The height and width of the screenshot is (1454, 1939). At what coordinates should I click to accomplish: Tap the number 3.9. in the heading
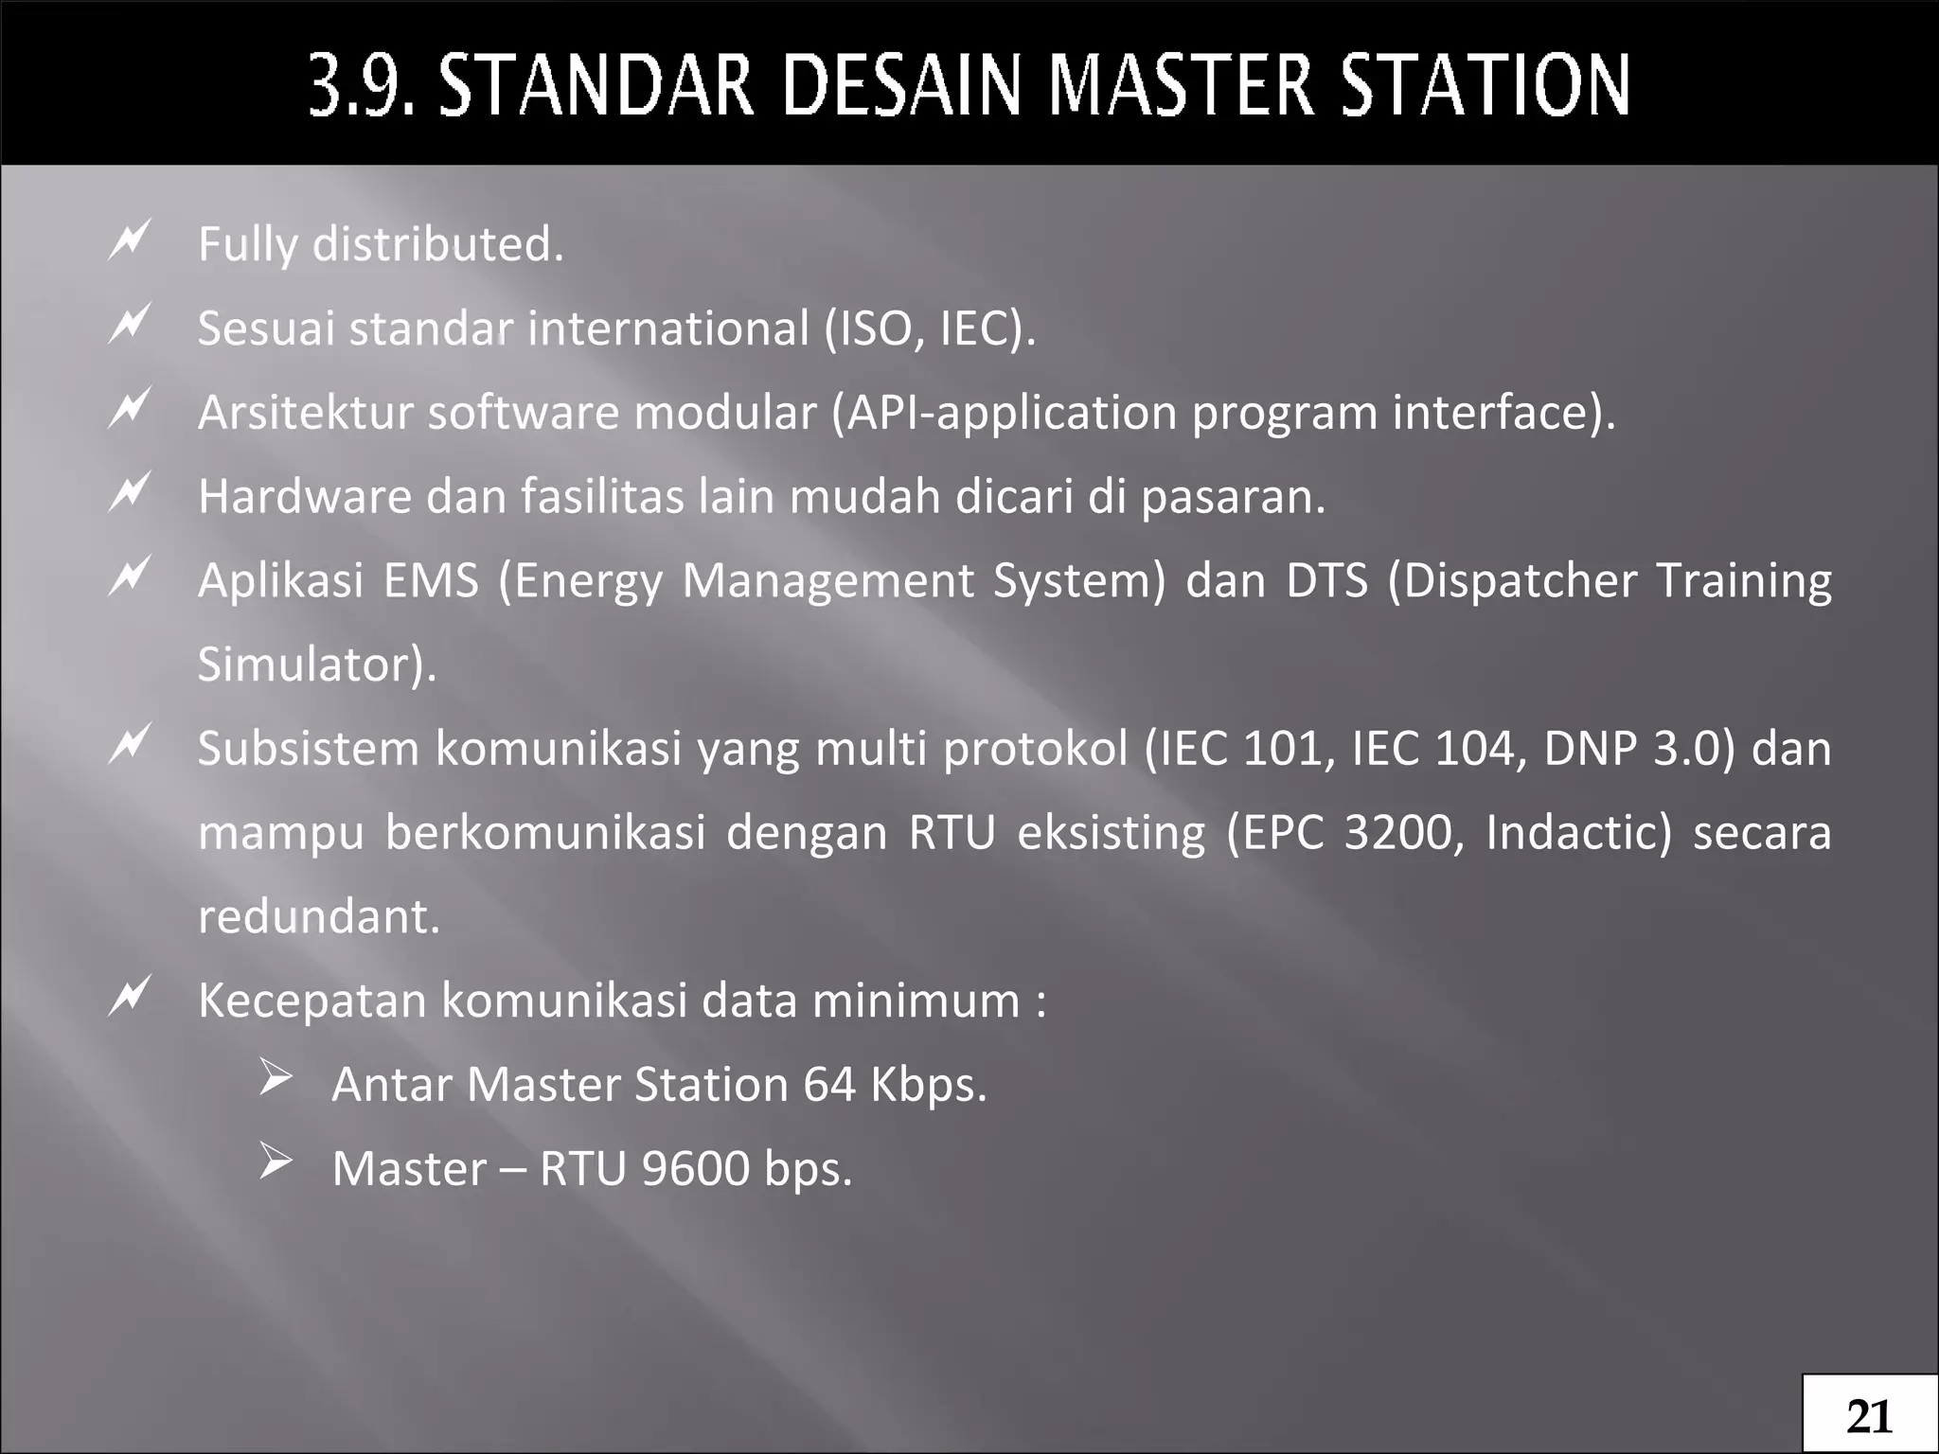[x=362, y=86]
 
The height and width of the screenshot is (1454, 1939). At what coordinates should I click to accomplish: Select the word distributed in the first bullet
[x=437, y=244]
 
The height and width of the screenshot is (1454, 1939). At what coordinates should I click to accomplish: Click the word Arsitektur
[x=305, y=413]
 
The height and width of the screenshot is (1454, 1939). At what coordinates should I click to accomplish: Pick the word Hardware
[x=305, y=496]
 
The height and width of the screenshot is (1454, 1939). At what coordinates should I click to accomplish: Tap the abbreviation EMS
[x=431, y=580]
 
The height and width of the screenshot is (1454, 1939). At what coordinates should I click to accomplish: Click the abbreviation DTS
[x=1326, y=580]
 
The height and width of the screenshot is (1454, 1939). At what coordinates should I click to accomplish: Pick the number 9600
[x=695, y=1168]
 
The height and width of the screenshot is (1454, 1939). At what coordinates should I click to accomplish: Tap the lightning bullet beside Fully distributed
[x=129, y=239]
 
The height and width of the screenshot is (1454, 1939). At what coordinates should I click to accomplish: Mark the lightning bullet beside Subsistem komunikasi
[x=129, y=743]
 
